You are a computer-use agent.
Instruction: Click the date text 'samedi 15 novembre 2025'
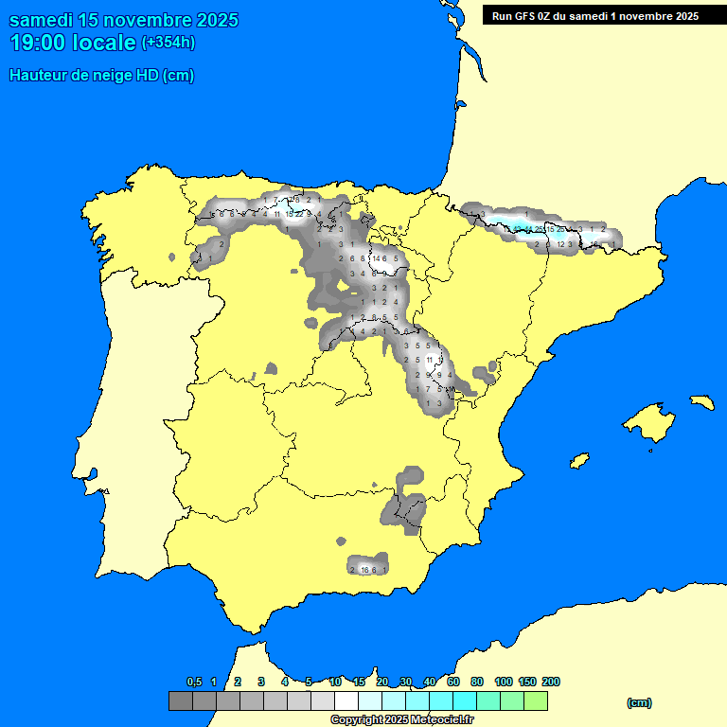[x=124, y=20]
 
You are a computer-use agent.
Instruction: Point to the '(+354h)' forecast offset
[x=168, y=42]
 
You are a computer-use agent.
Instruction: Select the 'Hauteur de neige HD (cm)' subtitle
[x=102, y=76]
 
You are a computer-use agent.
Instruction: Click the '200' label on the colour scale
[x=550, y=683]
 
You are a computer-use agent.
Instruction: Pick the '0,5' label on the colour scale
[x=194, y=683]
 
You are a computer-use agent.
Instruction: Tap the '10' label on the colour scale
[x=335, y=683]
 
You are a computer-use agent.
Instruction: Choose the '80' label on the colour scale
[x=477, y=683]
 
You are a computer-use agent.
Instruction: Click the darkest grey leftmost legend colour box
[x=181, y=700]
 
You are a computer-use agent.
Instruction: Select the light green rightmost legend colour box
[x=536, y=700]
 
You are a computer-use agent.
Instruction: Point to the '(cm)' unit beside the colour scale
[x=639, y=702]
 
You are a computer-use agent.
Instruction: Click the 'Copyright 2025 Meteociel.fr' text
[x=401, y=719]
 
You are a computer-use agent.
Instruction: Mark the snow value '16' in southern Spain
[x=364, y=570]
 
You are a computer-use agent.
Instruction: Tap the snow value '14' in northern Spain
[x=376, y=258]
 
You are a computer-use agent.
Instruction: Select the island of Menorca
[x=701, y=400]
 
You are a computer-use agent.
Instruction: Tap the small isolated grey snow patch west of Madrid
[x=271, y=368]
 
